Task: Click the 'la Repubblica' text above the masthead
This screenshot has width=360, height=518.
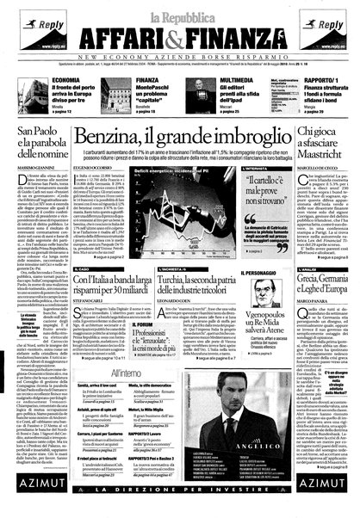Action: tap(179, 11)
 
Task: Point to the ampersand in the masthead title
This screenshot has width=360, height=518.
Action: tap(183, 35)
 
